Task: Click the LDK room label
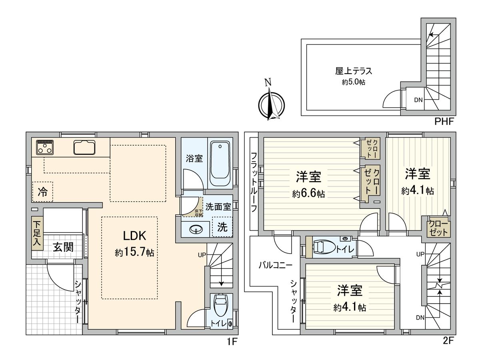130,236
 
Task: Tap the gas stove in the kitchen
44,147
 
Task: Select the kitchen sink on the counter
84,148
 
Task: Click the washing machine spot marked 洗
222,227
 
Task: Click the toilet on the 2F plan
322,247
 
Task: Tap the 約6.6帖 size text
308,194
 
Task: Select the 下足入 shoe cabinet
37,233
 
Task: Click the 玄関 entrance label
63,248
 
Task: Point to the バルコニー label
275,265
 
